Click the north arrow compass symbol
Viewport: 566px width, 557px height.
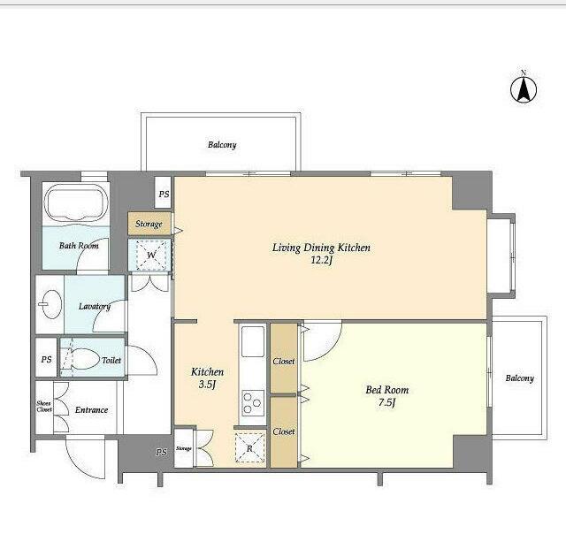[524, 89]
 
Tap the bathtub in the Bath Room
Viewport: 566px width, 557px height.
[76, 203]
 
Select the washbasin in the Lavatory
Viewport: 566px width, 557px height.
[50, 304]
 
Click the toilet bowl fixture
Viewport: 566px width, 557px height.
[80, 359]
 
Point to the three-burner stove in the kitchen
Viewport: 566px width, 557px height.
[253, 402]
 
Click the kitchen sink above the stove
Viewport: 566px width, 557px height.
[253, 341]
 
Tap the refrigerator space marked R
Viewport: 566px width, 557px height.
[249, 447]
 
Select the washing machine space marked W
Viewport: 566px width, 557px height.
[151, 255]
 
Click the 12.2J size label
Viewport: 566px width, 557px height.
[321, 260]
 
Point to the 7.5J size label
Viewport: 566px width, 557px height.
[387, 402]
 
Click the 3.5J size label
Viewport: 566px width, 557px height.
[207, 385]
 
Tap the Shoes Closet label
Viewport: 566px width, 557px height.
[44, 406]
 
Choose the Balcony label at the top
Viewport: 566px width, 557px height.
[222, 145]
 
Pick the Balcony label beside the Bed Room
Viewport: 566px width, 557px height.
[519, 378]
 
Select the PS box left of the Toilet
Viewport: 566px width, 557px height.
[46, 359]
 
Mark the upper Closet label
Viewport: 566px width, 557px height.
[284, 361]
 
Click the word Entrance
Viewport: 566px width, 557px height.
[92, 410]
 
